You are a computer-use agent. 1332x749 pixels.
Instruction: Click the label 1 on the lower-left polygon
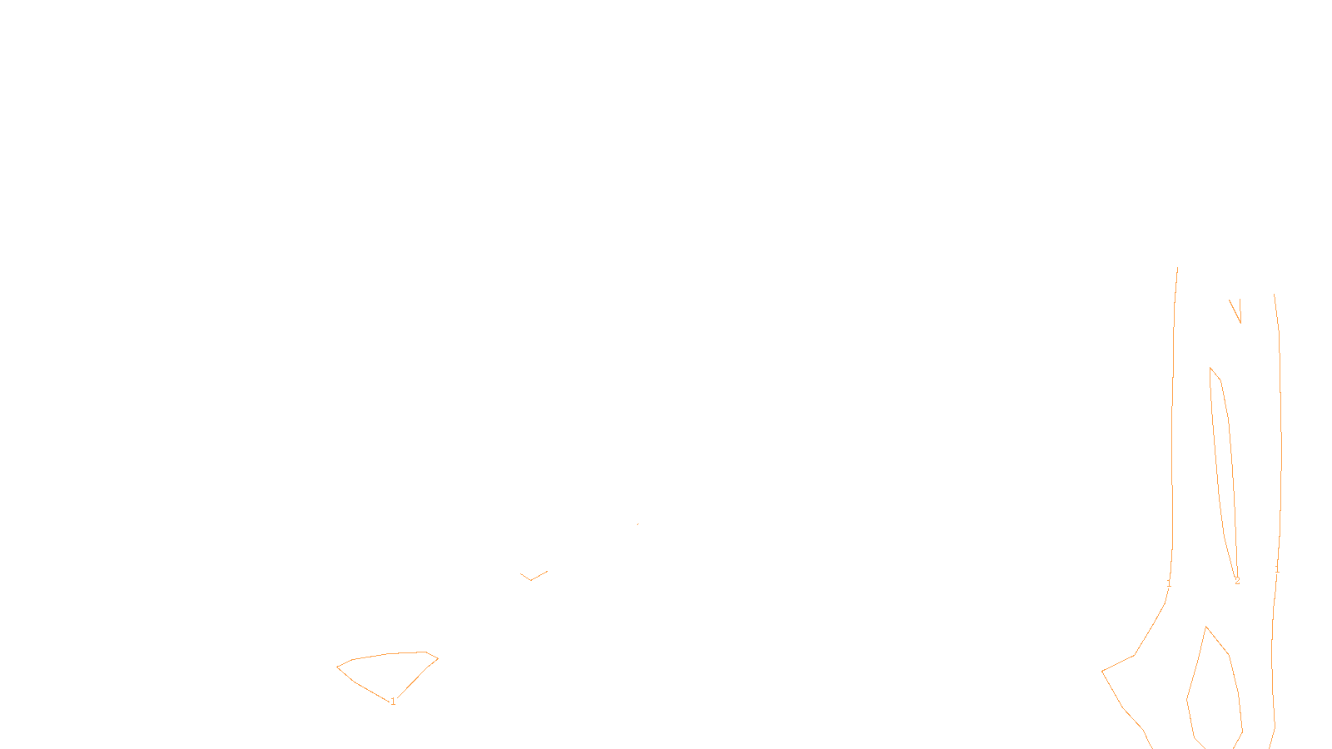(x=393, y=702)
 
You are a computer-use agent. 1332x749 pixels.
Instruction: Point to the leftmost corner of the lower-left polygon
(x=337, y=667)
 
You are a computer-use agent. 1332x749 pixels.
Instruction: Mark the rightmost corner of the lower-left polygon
(x=438, y=659)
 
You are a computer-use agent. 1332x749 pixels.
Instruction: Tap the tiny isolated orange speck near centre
(x=638, y=523)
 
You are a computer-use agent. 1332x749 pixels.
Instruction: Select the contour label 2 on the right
(x=1237, y=581)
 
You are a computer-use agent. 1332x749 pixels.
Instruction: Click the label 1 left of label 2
(x=1169, y=583)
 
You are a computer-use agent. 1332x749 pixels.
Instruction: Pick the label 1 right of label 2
(x=1277, y=569)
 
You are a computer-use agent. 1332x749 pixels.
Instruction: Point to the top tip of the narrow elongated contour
(x=1210, y=367)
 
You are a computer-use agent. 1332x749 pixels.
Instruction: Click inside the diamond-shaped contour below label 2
(x=1213, y=691)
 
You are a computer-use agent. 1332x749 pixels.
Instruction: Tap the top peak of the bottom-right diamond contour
(x=1206, y=627)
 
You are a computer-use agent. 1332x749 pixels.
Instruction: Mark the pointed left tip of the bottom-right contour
(x=1102, y=670)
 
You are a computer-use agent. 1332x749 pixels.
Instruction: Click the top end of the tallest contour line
(x=1177, y=268)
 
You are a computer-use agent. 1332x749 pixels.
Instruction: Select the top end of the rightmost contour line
(x=1275, y=295)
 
